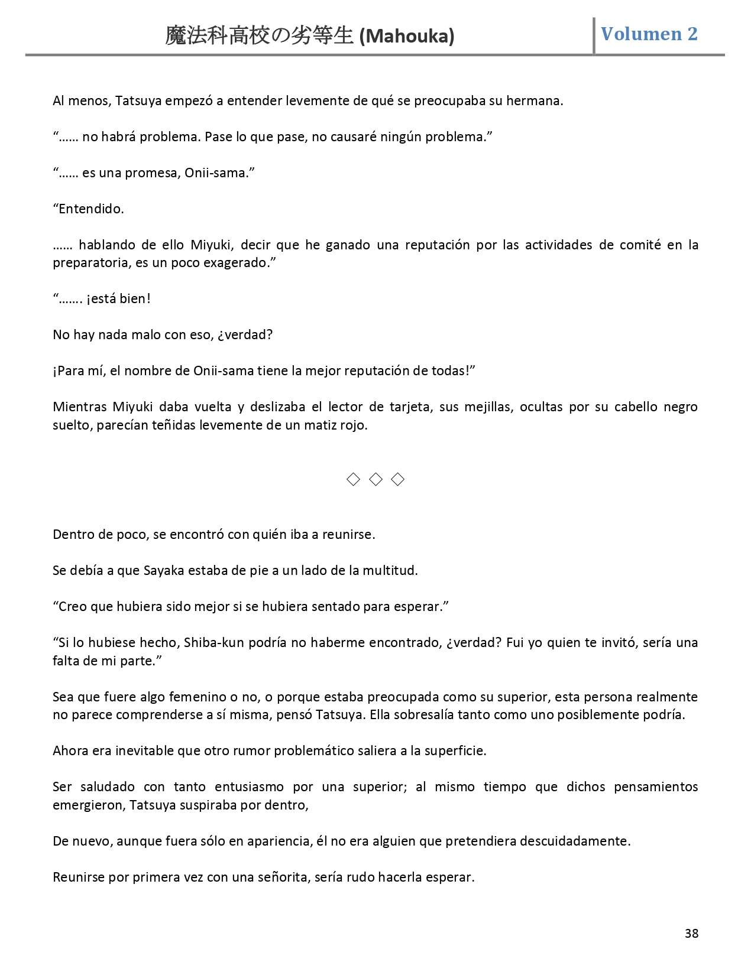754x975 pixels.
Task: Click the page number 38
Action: (691, 933)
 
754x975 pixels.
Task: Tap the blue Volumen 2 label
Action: (649, 34)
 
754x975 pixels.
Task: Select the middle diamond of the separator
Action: (376, 479)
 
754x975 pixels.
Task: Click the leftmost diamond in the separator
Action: (353, 479)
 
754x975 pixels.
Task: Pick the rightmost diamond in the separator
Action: (398, 479)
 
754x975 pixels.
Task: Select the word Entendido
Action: (91, 209)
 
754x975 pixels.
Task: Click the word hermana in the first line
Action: (536, 100)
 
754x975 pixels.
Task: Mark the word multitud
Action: (389, 570)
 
